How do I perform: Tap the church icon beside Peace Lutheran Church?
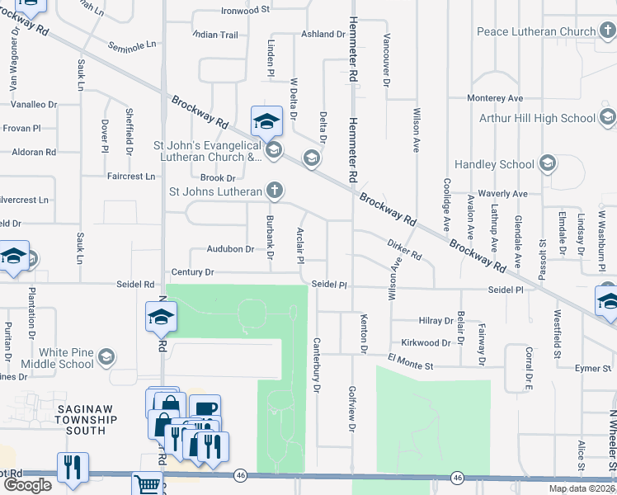[x=607, y=32]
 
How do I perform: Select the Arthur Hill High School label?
[x=537, y=118]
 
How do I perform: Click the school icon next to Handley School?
[x=548, y=164]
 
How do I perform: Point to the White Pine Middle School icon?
[x=106, y=357]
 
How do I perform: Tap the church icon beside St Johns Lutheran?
[x=275, y=191]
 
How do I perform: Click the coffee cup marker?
[x=205, y=408]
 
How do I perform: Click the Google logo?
[x=27, y=485]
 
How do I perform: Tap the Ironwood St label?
[x=246, y=11]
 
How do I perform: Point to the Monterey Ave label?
[x=495, y=98]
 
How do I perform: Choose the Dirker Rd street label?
[x=404, y=250]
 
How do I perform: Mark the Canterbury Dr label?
[x=315, y=364]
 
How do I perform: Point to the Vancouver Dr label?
[x=385, y=59]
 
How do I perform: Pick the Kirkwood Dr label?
[x=426, y=342]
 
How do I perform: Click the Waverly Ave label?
[x=497, y=194]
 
